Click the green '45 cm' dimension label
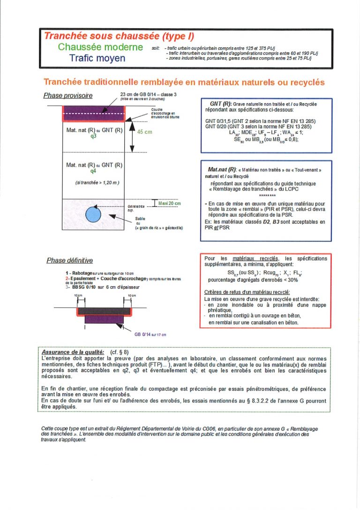(x=145, y=132)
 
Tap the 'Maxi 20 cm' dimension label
(x=169, y=203)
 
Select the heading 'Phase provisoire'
(x=68, y=96)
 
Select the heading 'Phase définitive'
(x=69, y=260)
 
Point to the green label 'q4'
(x=94, y=171)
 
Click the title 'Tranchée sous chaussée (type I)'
(x=119, y=36)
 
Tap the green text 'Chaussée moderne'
(x=100, y=47)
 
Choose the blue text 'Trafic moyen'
(x=97, y=58)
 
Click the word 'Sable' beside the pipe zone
(x=140, y=218)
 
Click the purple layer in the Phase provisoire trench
(x=94, y=114)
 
